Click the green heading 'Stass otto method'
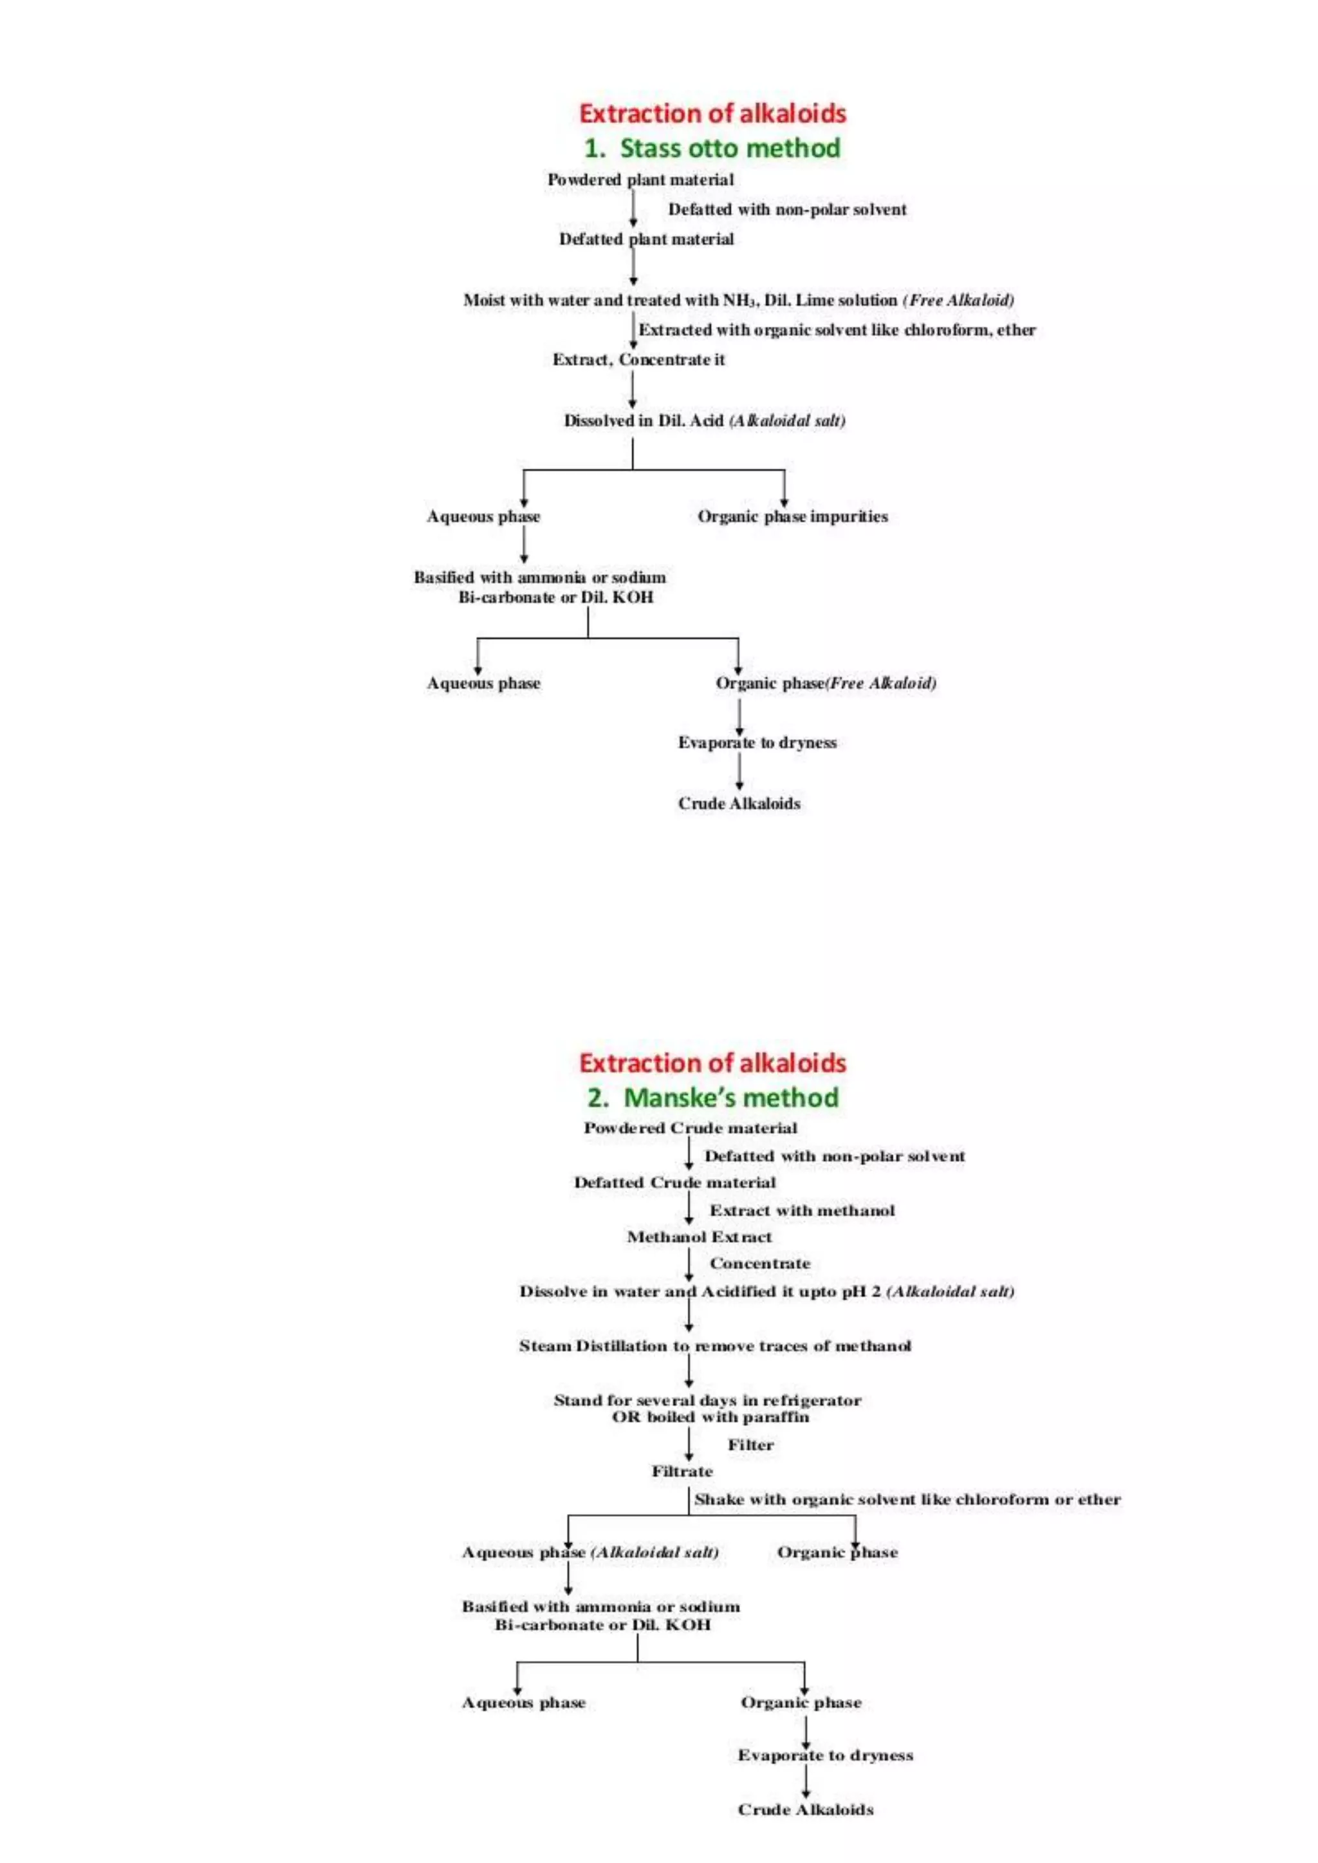point(712,149)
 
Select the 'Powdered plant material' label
point(640,180)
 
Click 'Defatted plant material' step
point(646,239)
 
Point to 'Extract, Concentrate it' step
point(638,360)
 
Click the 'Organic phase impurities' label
point(792,516)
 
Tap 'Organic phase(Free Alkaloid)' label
point(826,684)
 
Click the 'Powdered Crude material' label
point(690,1128)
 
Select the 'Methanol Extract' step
point(699,1237)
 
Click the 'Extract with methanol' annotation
point(802,1210)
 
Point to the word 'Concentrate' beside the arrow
point(759,1263)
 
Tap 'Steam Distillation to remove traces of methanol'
point(715,1346)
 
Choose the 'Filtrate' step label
point(682,1471)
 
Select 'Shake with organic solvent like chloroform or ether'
point(907,1499)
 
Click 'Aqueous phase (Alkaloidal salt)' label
point(590,1552)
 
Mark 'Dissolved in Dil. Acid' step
point(703,420)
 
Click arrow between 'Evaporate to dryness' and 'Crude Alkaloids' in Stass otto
point(739,771)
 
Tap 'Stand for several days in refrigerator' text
point(707,1400)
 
